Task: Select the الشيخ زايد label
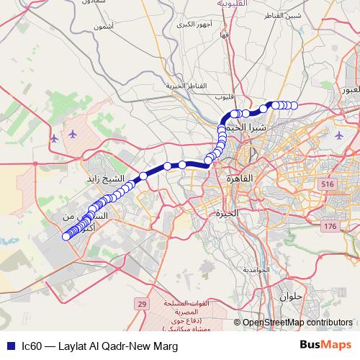(x=106, y=178)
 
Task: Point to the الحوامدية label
(x=256, y=269)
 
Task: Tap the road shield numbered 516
(x=329, y=185)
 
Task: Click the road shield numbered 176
(x=330, y=227)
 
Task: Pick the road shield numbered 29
(x=142, y=305)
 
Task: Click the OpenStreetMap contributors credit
(x=298, y=323)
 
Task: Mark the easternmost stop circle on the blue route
(x=294, y=105)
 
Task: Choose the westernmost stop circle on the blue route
(x=66, y=235)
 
